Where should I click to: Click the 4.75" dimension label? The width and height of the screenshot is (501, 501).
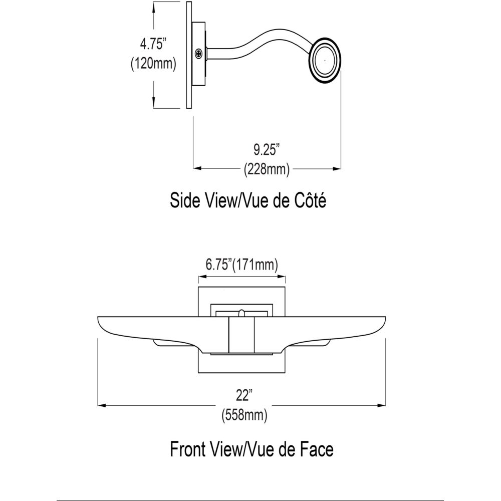153,44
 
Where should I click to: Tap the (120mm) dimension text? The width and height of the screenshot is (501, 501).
153,64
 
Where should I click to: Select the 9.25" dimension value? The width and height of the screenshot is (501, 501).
267,149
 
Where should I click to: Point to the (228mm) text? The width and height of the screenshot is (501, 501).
267,169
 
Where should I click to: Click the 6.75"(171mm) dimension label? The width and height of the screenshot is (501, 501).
241,265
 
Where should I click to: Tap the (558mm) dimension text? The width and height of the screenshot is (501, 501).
244,415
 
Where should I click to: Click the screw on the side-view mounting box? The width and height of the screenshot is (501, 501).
199,54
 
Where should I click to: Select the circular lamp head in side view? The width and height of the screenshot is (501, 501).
325,61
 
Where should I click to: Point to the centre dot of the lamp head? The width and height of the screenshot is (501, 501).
325,60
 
